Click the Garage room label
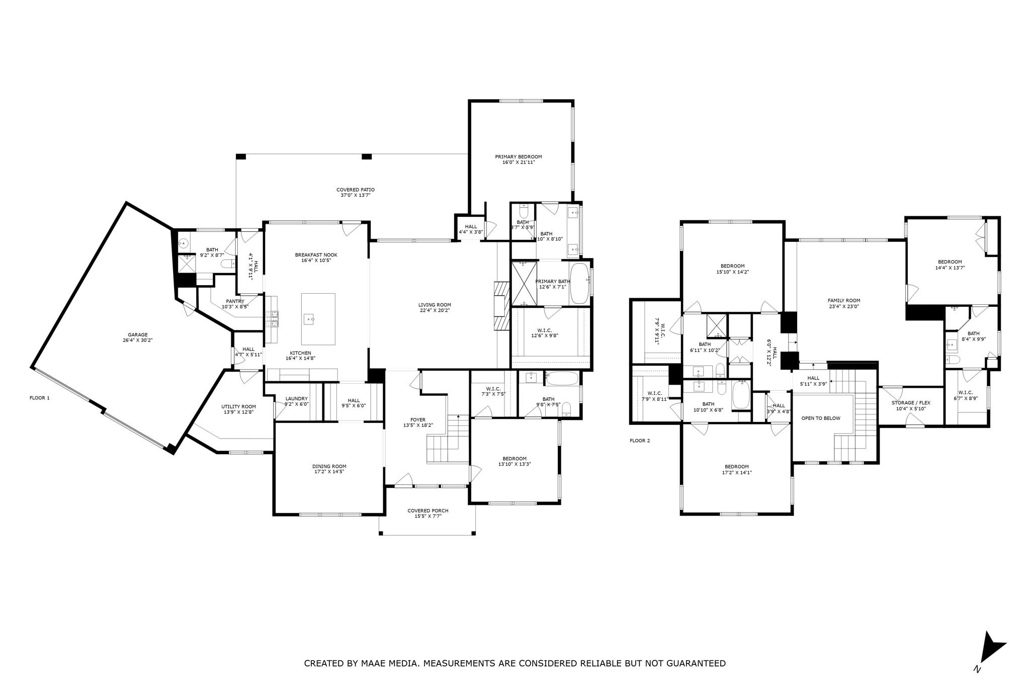click(137, 334)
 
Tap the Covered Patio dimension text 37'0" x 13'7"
click(355, 196)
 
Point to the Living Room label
click(435, 305)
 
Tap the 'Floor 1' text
click(40, 398)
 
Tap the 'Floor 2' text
click(640, 441)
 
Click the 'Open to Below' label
click(820, 418)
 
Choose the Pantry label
click(235, 301)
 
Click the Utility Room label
click(238, 407)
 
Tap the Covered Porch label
click(427, 510)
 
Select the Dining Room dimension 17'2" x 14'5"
click(329, 472)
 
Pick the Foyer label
click(417, 420)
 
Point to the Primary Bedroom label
click(518, 157)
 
